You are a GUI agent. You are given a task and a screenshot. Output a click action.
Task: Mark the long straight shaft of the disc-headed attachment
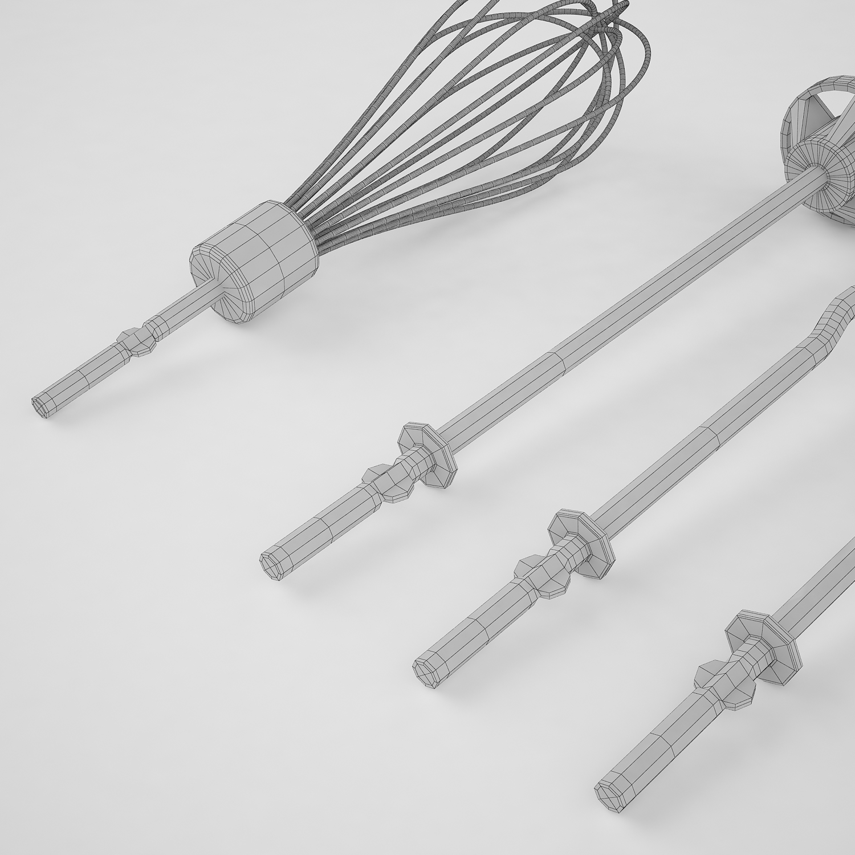tap(598, 319)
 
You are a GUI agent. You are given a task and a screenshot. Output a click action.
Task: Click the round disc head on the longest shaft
tap(815, 165)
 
